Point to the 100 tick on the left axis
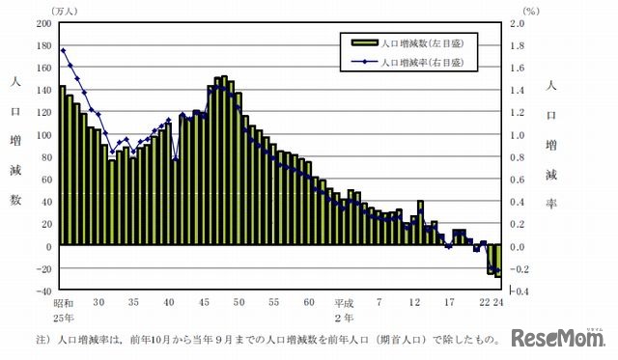[43, 134]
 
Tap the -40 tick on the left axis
[43, 290]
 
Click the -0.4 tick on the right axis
[518, 290]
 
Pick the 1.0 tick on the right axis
[518, 134]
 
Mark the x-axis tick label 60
[310, 302]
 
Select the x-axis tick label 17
[449, 302]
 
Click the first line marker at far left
[63, 50]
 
